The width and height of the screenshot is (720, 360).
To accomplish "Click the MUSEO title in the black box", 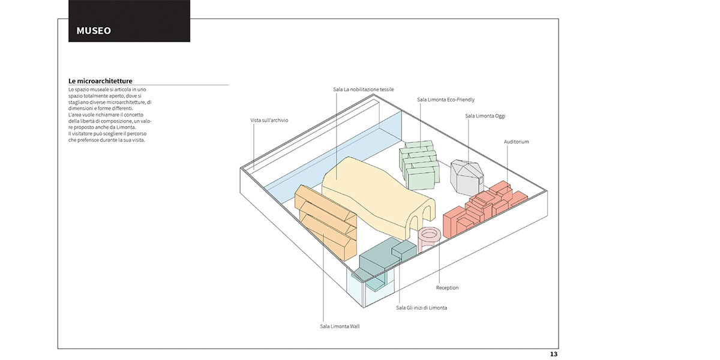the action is [x=94, y=31].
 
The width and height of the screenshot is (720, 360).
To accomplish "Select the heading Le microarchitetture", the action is [x=100, y=81].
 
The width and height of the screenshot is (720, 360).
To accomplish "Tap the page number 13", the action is [x=553, y=354].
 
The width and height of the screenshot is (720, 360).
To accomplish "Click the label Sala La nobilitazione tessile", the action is [x=363, y=89].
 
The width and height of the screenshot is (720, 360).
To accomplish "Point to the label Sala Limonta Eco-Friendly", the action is [x=445, y=100].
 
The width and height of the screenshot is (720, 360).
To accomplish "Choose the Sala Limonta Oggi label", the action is [x=485, y=116].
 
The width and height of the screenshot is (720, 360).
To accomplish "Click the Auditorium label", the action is [x=516, y=142].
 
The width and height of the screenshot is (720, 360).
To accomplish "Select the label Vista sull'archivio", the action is [x=269, y=120].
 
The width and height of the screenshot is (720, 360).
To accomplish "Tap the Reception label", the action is [x=447, y=287].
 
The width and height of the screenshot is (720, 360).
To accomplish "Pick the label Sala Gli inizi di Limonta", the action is [x=421, y=308].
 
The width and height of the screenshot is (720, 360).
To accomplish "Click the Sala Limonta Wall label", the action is [x=340, y=326].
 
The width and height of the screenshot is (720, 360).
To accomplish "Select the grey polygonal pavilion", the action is [x=467, y=178].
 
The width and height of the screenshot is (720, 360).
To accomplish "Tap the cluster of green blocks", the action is [x=419, y=164].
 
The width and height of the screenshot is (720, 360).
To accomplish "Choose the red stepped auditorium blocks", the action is [x=482, y=209].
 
